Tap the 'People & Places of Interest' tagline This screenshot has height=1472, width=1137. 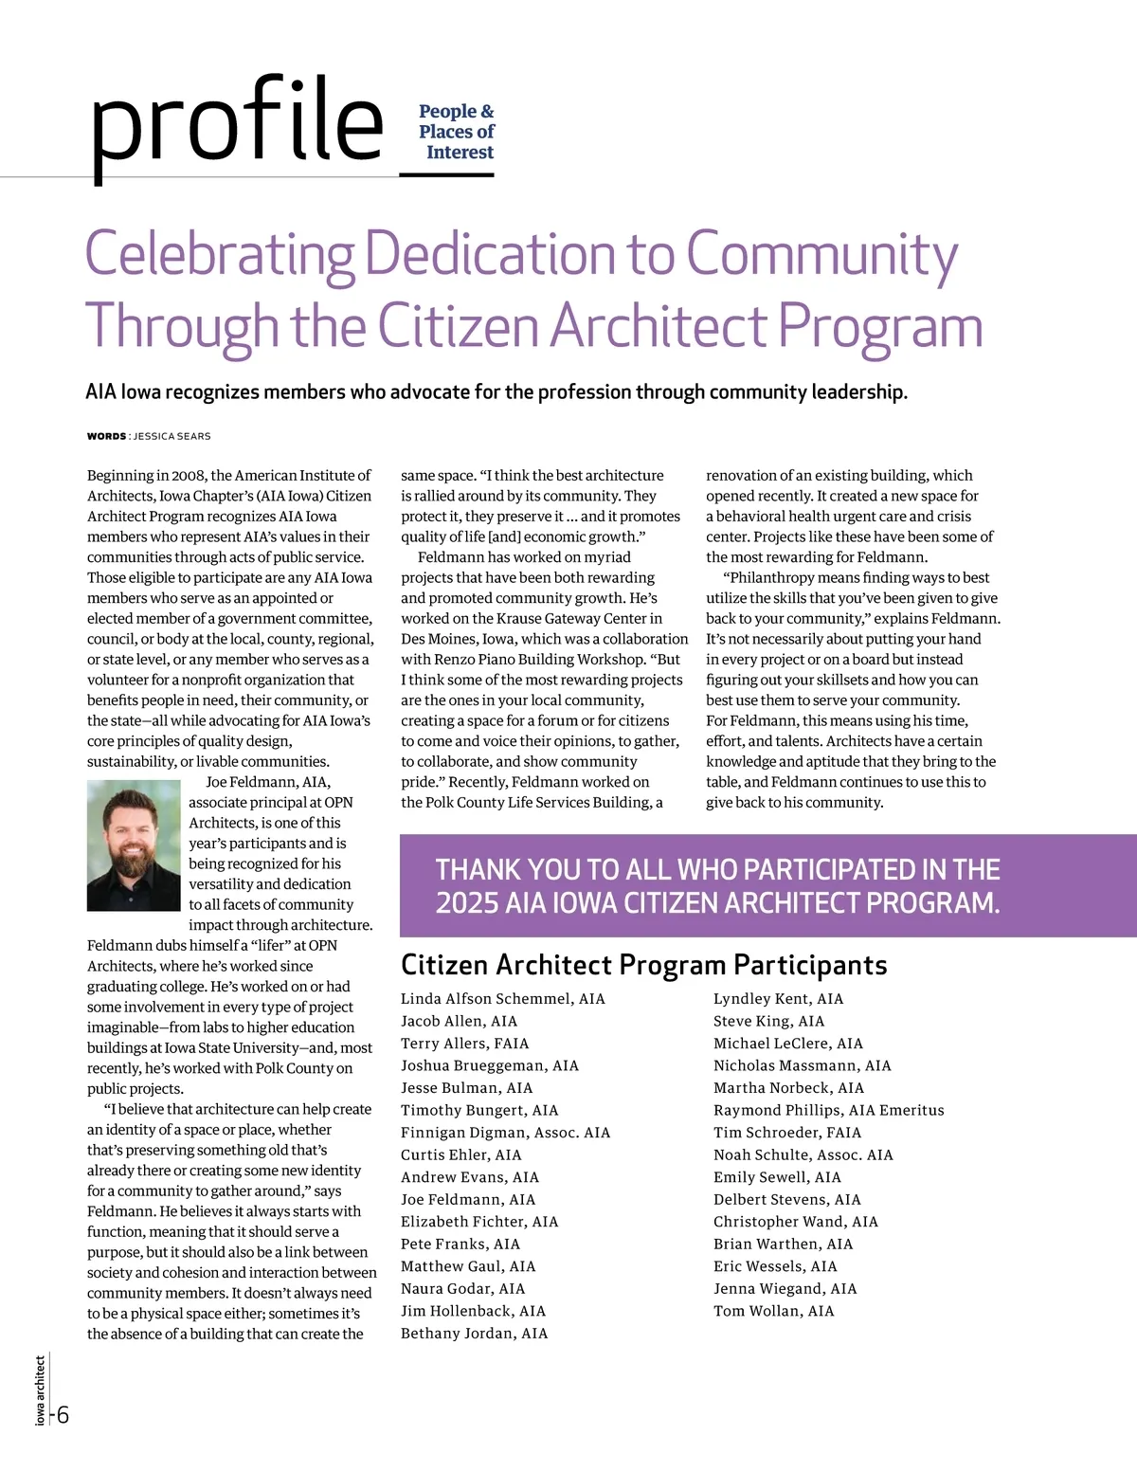coord(457,132)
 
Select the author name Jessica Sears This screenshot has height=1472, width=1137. coord(171,436)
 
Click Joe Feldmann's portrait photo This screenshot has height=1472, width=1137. coord(134,845)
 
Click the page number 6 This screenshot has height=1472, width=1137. coord(62,1415)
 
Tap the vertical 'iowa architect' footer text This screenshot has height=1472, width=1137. coord(40,1390)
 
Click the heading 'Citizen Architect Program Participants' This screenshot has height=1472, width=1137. coord(643,965)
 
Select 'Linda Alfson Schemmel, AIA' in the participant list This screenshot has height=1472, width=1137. coord(502,999)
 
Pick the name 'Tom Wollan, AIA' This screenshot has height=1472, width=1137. coord(773,1311)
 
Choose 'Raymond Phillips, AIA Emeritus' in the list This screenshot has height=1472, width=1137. coord(828,1110)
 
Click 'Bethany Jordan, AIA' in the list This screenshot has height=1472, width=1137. coord(474,1334)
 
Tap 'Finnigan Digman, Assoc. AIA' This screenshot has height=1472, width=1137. coord(505,1133)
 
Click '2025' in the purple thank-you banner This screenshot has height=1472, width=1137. coord(466,902)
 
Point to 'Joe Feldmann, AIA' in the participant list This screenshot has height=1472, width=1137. coord(468,1199)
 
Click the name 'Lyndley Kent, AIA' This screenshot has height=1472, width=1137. coord(778,999)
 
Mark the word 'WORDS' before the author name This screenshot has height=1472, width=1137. coord(106,436)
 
